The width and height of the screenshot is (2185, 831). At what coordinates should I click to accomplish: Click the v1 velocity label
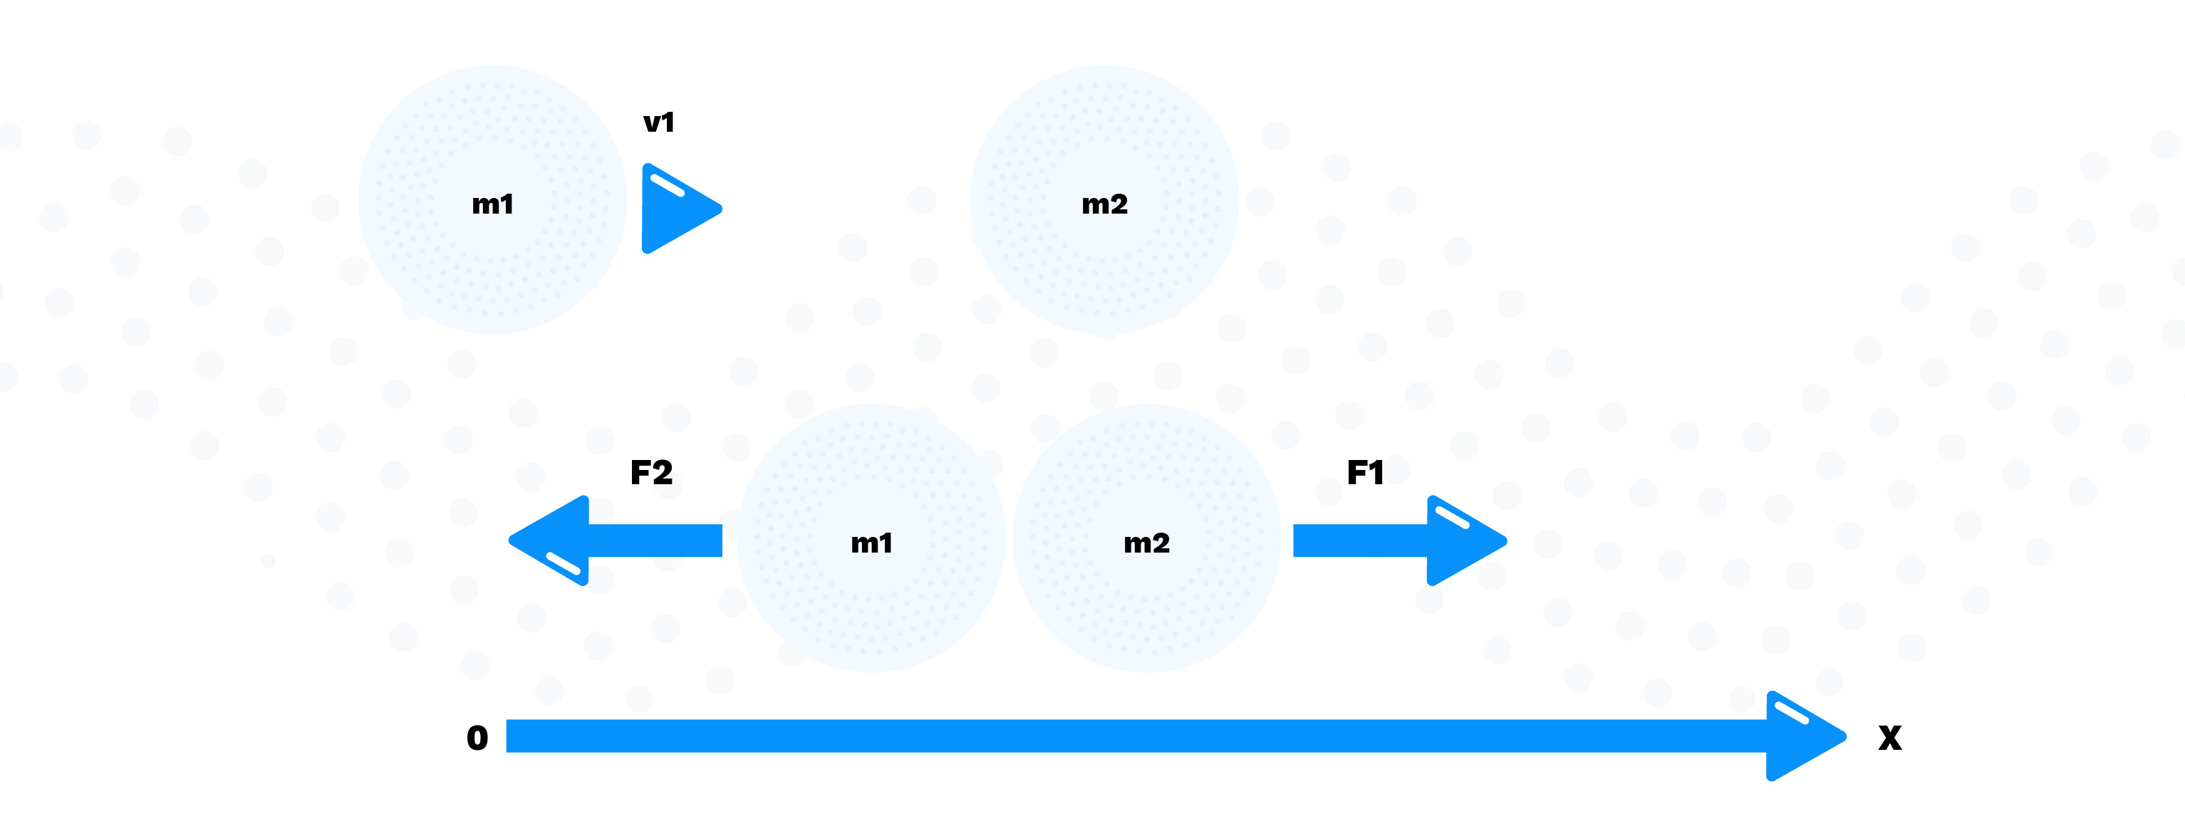(658, 123)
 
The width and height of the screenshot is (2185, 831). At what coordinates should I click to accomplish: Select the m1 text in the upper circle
(492, 204)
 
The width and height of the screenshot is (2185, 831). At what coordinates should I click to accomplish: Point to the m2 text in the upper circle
(1104, 204)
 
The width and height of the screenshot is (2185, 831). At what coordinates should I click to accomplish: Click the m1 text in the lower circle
(871, 543)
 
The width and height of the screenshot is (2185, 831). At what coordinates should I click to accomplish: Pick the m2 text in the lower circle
(1146, 543)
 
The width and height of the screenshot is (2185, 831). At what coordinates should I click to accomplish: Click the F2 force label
(650, 472)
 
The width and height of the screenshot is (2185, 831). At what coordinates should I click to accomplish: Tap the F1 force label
(1365, 472)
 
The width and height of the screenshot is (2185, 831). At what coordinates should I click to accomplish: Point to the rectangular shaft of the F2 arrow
(655, 541)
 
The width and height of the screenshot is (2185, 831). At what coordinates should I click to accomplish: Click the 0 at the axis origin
(477, 738)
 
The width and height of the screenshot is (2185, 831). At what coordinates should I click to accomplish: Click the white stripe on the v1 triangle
(667, 185)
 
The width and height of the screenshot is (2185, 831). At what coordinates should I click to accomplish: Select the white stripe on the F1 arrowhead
(1451, 517)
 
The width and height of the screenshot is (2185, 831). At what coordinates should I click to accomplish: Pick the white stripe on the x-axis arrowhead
(1792, 713)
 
